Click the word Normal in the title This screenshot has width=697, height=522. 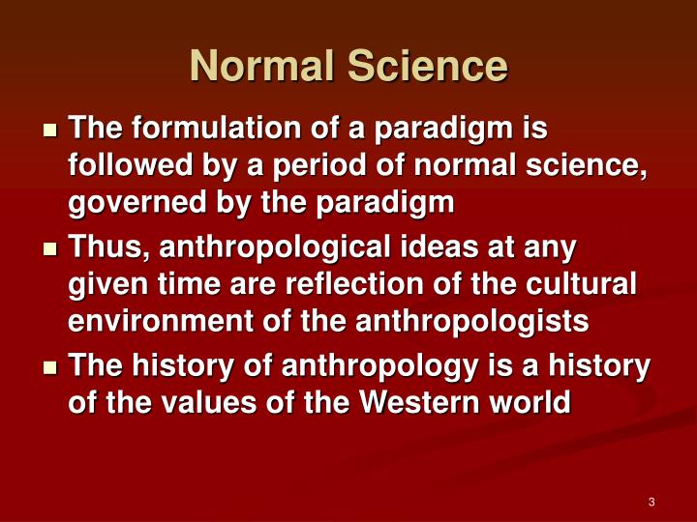[252, 66]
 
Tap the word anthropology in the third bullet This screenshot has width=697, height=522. [344, 366]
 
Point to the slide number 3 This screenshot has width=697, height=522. [652, 501]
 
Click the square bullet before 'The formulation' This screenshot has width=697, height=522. [51, 130]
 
